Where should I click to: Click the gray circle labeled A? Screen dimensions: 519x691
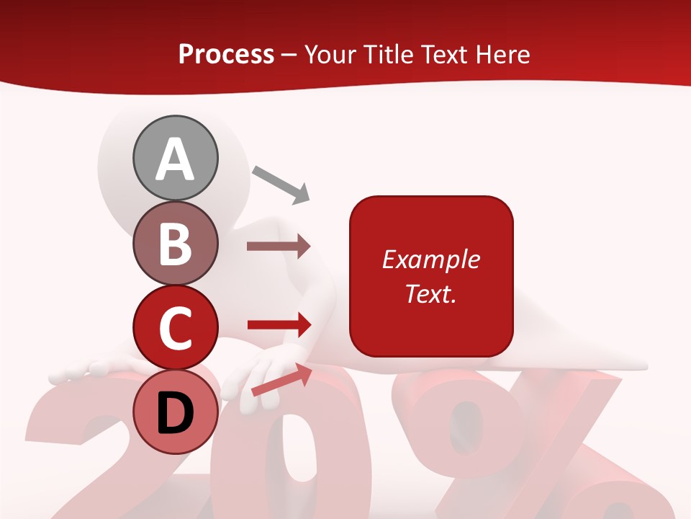coord(175,158)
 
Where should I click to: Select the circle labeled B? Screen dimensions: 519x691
coord(175,243)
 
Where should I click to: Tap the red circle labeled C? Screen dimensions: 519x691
coord(175,328)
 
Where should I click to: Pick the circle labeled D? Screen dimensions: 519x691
coord(175,413)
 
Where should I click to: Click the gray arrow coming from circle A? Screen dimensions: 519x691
coord(281,184)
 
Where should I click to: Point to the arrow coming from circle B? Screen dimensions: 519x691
coord(279,247)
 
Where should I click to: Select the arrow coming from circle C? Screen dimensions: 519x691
coord(279,325)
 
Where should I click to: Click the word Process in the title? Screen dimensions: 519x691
coord(226,54)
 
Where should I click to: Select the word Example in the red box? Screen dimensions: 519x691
coord(430,259)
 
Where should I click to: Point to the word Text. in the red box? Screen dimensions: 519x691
coord(430,293)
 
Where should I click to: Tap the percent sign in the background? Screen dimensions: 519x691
coord(518,447)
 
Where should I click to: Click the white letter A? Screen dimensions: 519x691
coord(175,159)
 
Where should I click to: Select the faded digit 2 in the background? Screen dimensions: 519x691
coord(79,454)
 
